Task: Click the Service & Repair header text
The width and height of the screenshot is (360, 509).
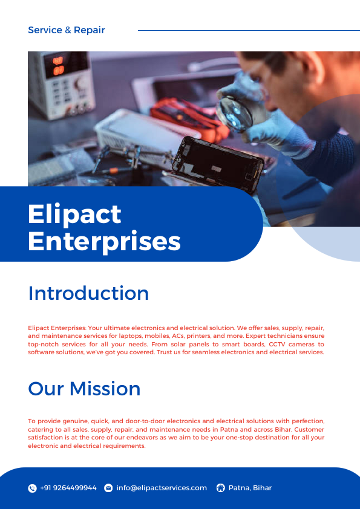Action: pyautogui.click(x=67, y=30)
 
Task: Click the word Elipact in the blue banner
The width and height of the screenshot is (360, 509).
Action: pyautogui.click(x=74, y=214)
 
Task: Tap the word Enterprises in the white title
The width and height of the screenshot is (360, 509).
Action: pyautogui.click(x=104, y=241)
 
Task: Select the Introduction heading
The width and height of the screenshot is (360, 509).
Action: pyautogui.click(x=88, y=293)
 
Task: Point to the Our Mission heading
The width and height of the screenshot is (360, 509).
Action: pyautogui.click(x=84, y=388)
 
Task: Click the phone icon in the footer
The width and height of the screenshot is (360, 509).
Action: pyautogui.click(x=33, y=488)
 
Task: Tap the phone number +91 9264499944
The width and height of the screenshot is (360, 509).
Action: pyautogui.click(x=68, y=488)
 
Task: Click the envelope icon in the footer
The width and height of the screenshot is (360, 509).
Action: pyautogui.click(x=108, y=488)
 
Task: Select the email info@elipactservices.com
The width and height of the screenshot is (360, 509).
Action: pyautogui.click(x=162, y=488)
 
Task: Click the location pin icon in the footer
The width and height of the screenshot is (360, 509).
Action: pyautogui.click(x=220, y=488)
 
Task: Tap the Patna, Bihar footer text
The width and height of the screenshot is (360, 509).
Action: pyautogui.click(x=250, y=488)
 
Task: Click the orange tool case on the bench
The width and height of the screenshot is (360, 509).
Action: pyautogui.click(x=182, y=115)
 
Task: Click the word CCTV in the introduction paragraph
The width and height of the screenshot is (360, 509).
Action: pyautogui.click(x=280, y=344)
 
